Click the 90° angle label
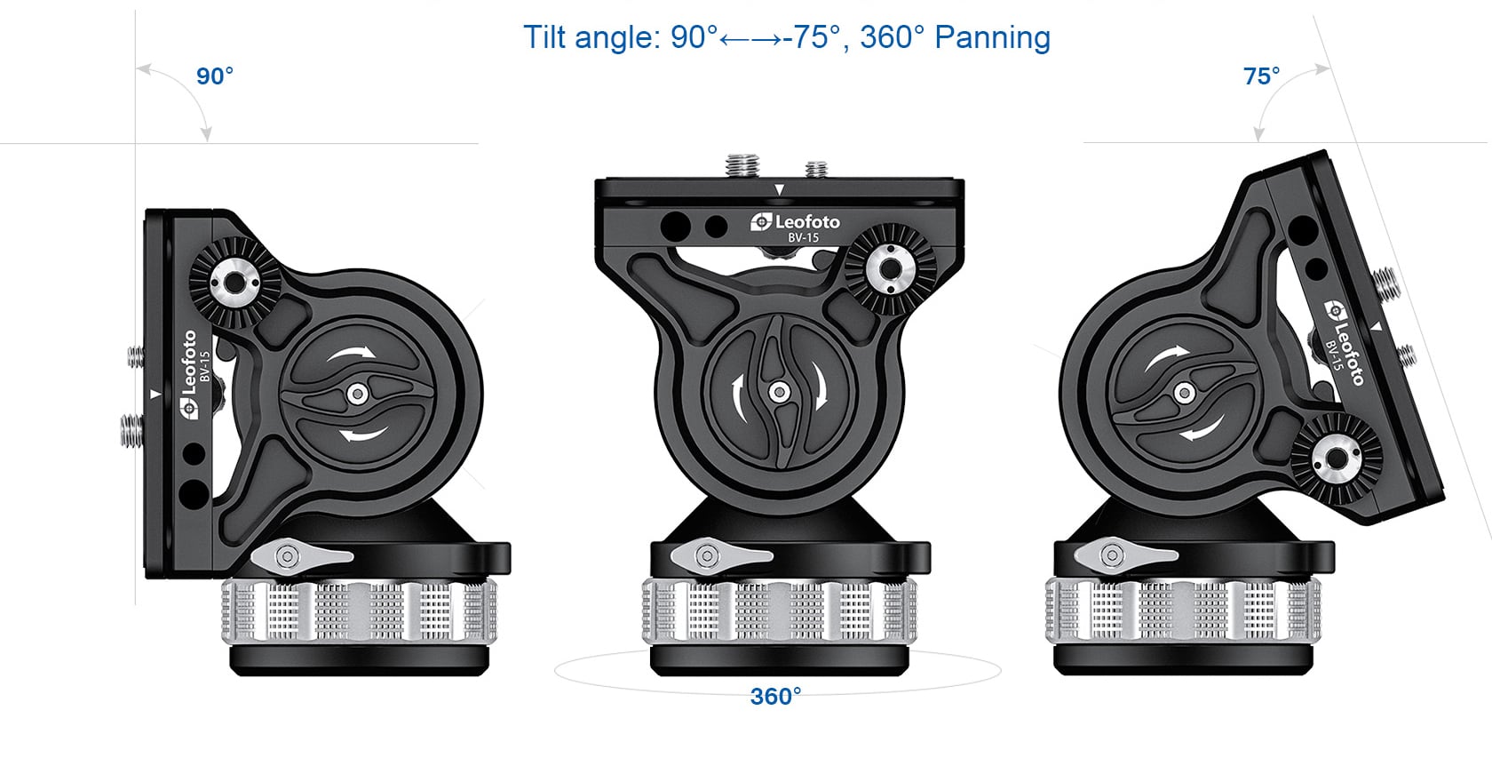pyautogui.click(x=215, y=76)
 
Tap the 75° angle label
pyautogui.click(x=1261, y=76)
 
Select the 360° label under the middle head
pyautogui.click(x=775, y=697)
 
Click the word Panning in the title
pyautogui.click(x=993, y=38)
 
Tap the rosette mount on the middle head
pyautogui.click(x=891, y=269)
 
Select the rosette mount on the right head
pyautogui.click(x=1336, y=459)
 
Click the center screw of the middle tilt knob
pyautogui.click(x=779, y=392)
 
